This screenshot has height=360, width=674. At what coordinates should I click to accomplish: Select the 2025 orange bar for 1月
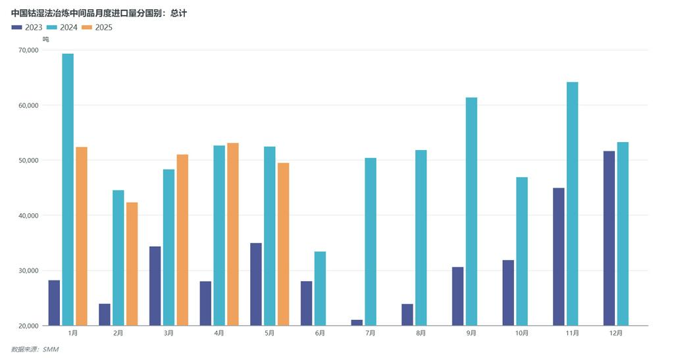(82, 236)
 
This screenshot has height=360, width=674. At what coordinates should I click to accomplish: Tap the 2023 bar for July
(357, 322)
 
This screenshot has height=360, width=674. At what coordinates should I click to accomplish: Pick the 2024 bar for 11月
(572, 204)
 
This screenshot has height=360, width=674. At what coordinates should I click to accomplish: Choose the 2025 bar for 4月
(233, 234)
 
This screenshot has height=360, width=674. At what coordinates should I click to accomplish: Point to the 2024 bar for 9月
(471, 211)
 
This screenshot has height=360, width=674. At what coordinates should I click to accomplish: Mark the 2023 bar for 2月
(105, 315)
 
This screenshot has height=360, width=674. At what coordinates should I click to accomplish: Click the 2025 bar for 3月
(182, 240)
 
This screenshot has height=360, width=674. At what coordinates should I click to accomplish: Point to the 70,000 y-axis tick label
(29, 50)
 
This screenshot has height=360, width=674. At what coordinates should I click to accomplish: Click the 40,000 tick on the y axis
(29, 216)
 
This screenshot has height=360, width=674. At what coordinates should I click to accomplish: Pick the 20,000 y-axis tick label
(29, 326)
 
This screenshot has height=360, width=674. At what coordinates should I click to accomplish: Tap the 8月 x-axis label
(421, 334)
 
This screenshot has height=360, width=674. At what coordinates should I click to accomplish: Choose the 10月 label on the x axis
(522, 334)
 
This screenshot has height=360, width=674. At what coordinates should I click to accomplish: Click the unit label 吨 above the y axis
(45, 39)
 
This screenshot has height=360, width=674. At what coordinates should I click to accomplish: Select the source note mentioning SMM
(35, 349)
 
